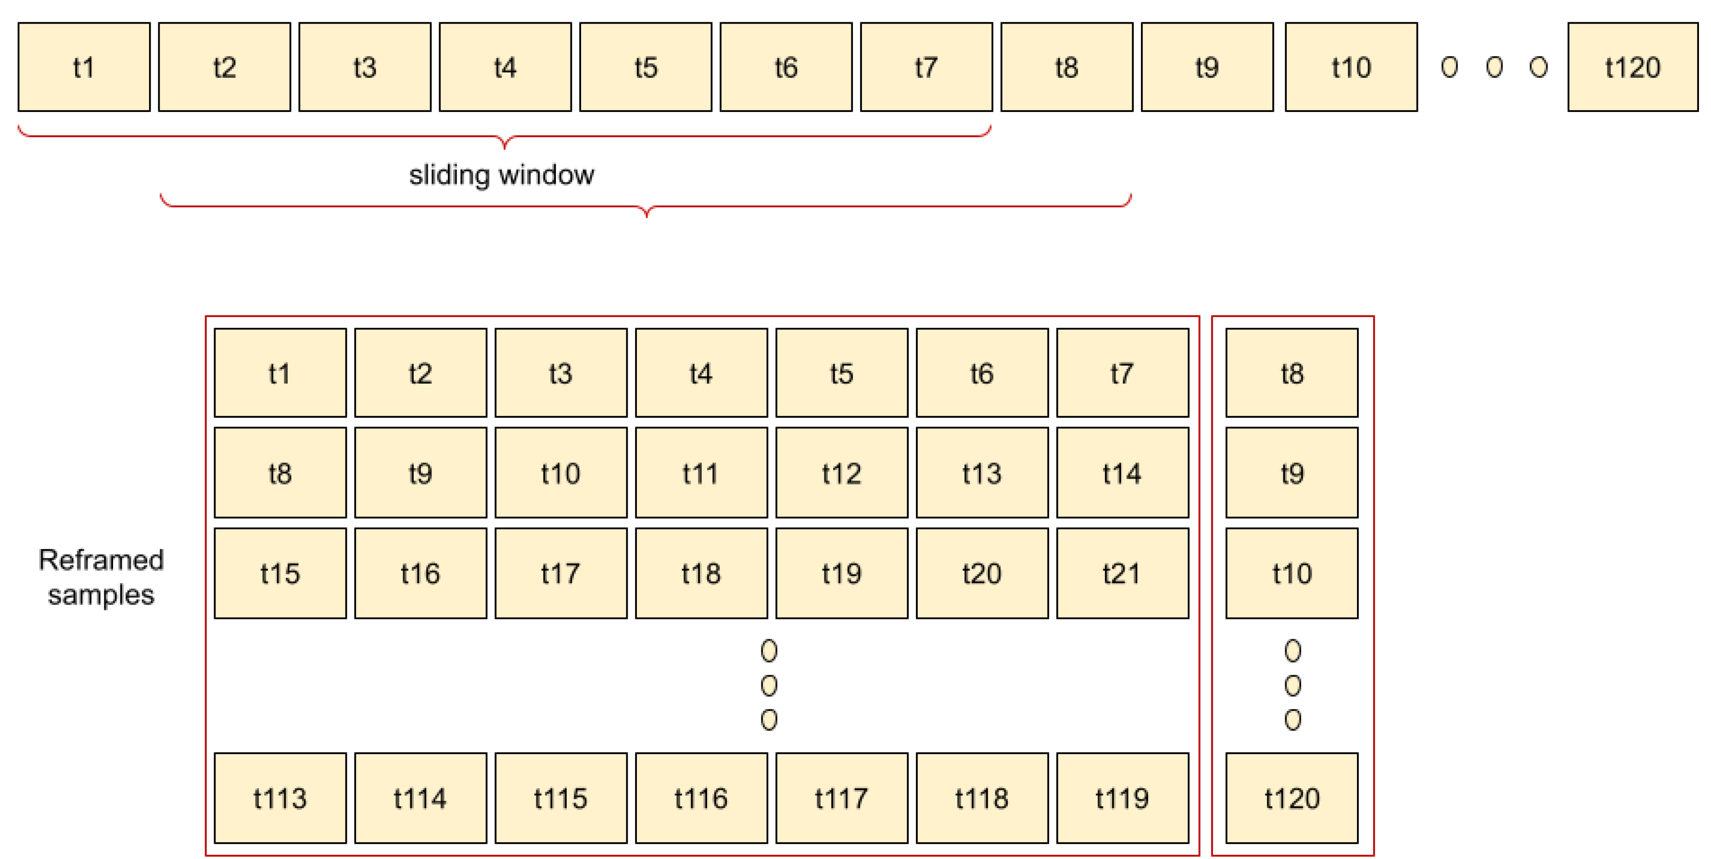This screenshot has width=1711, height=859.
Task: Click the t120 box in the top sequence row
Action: point(1632,67)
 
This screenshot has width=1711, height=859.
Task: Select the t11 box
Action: point(701,473)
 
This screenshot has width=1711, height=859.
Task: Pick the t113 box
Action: point(279,797)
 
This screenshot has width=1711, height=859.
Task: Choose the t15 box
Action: point(279,573)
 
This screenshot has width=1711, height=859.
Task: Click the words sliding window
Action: point(502,174)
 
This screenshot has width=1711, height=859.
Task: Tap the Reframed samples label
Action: point(101,577)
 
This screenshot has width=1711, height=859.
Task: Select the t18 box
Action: point(701,573)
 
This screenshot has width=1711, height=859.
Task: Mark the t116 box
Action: point(701,797)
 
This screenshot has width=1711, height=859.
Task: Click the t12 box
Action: point(842,473)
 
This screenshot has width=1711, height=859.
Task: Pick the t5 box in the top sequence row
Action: point(645,67)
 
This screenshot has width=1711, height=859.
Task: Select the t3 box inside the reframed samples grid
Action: point(560,373)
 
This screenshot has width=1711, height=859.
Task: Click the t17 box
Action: point(560,573)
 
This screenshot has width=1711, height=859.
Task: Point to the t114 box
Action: point(420,797)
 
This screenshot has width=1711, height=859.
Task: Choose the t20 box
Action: point(982,573)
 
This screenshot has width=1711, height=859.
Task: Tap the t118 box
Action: point(982,797)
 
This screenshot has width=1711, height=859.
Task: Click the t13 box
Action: point(982,473)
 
